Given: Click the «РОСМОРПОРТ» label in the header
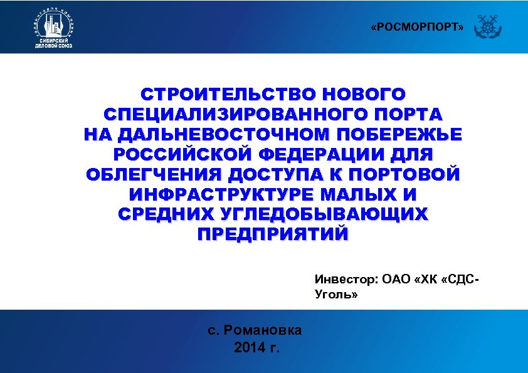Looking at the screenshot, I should [417, 28].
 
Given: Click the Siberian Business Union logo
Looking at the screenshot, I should [55, 28].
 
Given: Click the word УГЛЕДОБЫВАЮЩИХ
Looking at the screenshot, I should [325, 214].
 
